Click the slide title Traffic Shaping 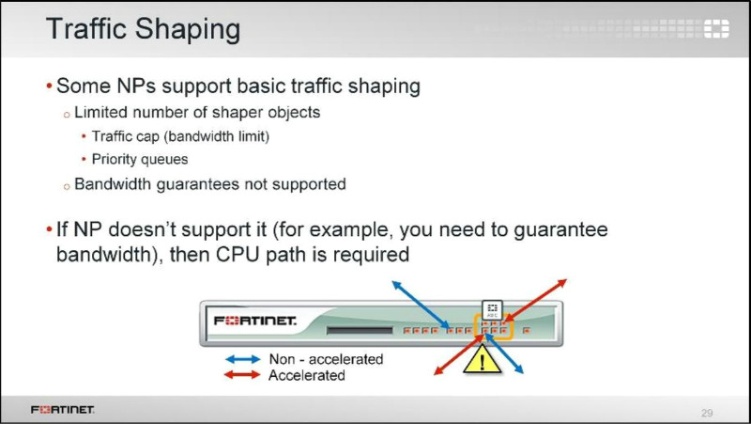coord(144,30)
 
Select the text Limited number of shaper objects coord(197,112)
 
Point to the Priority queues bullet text coord(140,159)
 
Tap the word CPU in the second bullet coord(238,254)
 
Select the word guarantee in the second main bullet coord(560,230)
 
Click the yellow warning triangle coord(482,360)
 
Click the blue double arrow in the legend coord(243,359)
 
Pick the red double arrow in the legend coord(242,374)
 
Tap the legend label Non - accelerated coord(326,359)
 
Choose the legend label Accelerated coord(307,375)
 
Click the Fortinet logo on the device coord(254,321)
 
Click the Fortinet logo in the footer coord(62,409)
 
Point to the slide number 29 coord(707,413)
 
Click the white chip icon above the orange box coord(492,310)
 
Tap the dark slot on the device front coord(360,330)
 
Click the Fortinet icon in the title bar coord(716,29)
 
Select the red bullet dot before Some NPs coord(50,86)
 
